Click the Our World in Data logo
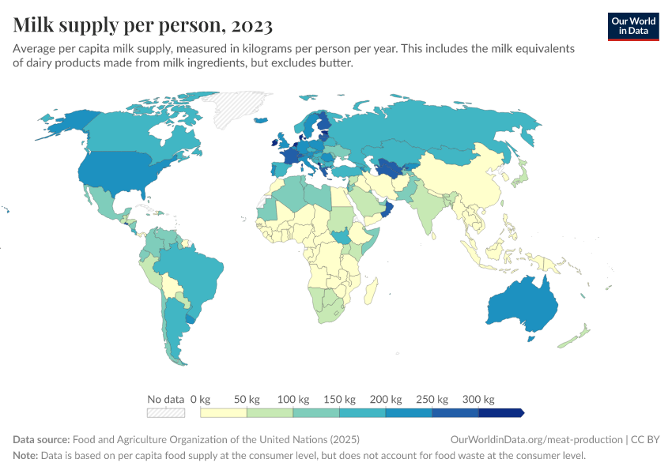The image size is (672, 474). [633, 26]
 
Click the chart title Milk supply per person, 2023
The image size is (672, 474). [143, 25]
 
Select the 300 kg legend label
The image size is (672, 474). [478, 399]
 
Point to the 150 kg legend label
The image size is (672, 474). [339, 399]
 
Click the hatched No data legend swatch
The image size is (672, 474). [166, 412]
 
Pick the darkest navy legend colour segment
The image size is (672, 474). [501, 412]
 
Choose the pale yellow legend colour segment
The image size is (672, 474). [224, 412]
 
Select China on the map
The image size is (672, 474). [459, 178]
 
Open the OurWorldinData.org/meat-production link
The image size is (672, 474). [535, 440]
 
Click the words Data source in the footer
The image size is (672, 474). [40, 440]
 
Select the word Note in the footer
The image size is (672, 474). [25, 456]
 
